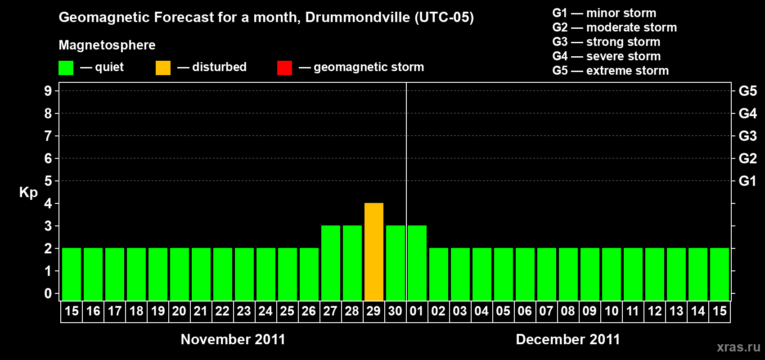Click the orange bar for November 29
374,252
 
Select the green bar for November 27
331,263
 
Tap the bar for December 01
417,263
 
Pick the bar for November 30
396,263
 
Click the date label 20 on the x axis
179,311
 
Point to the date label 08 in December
568,311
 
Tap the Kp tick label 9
48,91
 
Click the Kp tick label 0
48,293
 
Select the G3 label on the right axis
747,136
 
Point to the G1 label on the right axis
747,181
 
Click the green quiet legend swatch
66,68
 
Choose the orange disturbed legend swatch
163,68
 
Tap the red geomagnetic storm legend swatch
284,68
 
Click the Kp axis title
28,192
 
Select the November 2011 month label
233,339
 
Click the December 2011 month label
568,339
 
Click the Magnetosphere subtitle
107,45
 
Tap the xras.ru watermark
738,347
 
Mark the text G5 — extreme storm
610,71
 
